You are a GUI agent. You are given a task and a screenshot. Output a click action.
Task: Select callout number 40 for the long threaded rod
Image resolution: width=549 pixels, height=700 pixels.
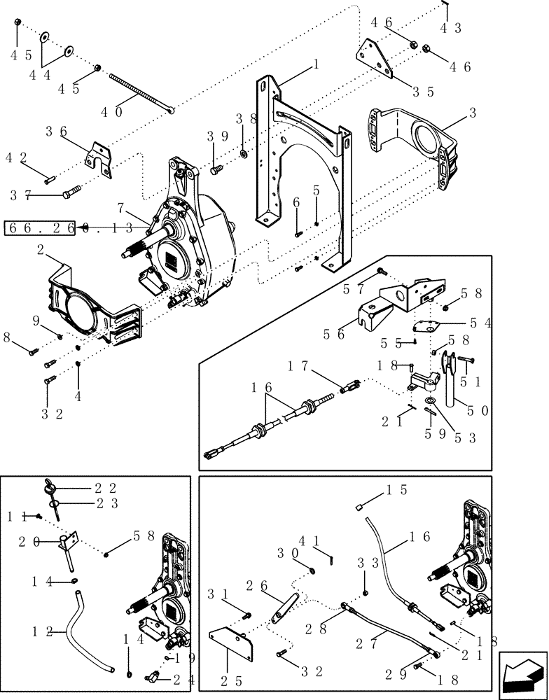(x=113, y=111)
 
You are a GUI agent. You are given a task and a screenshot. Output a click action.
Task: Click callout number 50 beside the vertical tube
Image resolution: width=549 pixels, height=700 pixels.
(x=481, y=409)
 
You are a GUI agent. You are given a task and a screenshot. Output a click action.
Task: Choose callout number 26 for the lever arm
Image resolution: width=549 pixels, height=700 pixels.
(x=258, y=584)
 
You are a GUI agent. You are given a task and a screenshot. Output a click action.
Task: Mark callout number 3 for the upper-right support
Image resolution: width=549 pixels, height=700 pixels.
(x=473, y=112)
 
